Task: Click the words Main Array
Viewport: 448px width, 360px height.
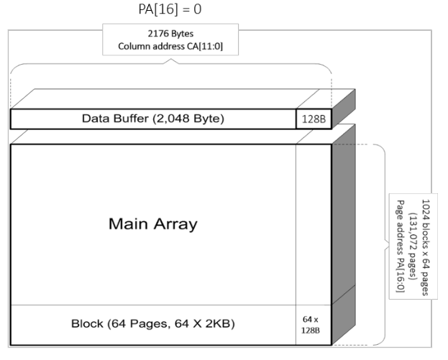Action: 153,223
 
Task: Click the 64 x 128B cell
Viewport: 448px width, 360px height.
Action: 313,323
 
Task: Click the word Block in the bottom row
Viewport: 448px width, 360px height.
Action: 86,323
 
